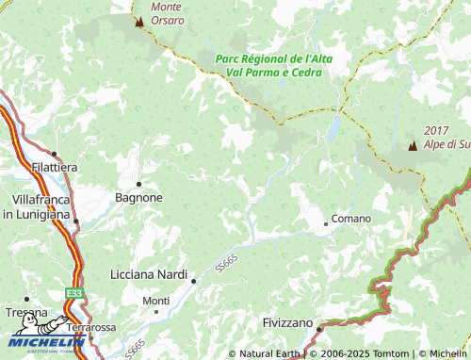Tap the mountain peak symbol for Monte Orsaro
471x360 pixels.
click(139, 22)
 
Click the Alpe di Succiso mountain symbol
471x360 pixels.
click(412, 146)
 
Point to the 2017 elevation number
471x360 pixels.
click(436, 130)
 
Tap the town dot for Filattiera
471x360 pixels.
click(54, 154)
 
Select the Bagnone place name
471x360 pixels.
click(138, 198)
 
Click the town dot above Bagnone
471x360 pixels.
click(138, 184)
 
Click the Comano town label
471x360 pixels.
click(351, 219)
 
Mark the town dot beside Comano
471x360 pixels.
click(326, 223)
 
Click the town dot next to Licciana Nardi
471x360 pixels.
click(194, 280)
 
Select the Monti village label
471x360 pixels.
click(155, 301)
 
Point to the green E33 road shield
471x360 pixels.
click(73, 295)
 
